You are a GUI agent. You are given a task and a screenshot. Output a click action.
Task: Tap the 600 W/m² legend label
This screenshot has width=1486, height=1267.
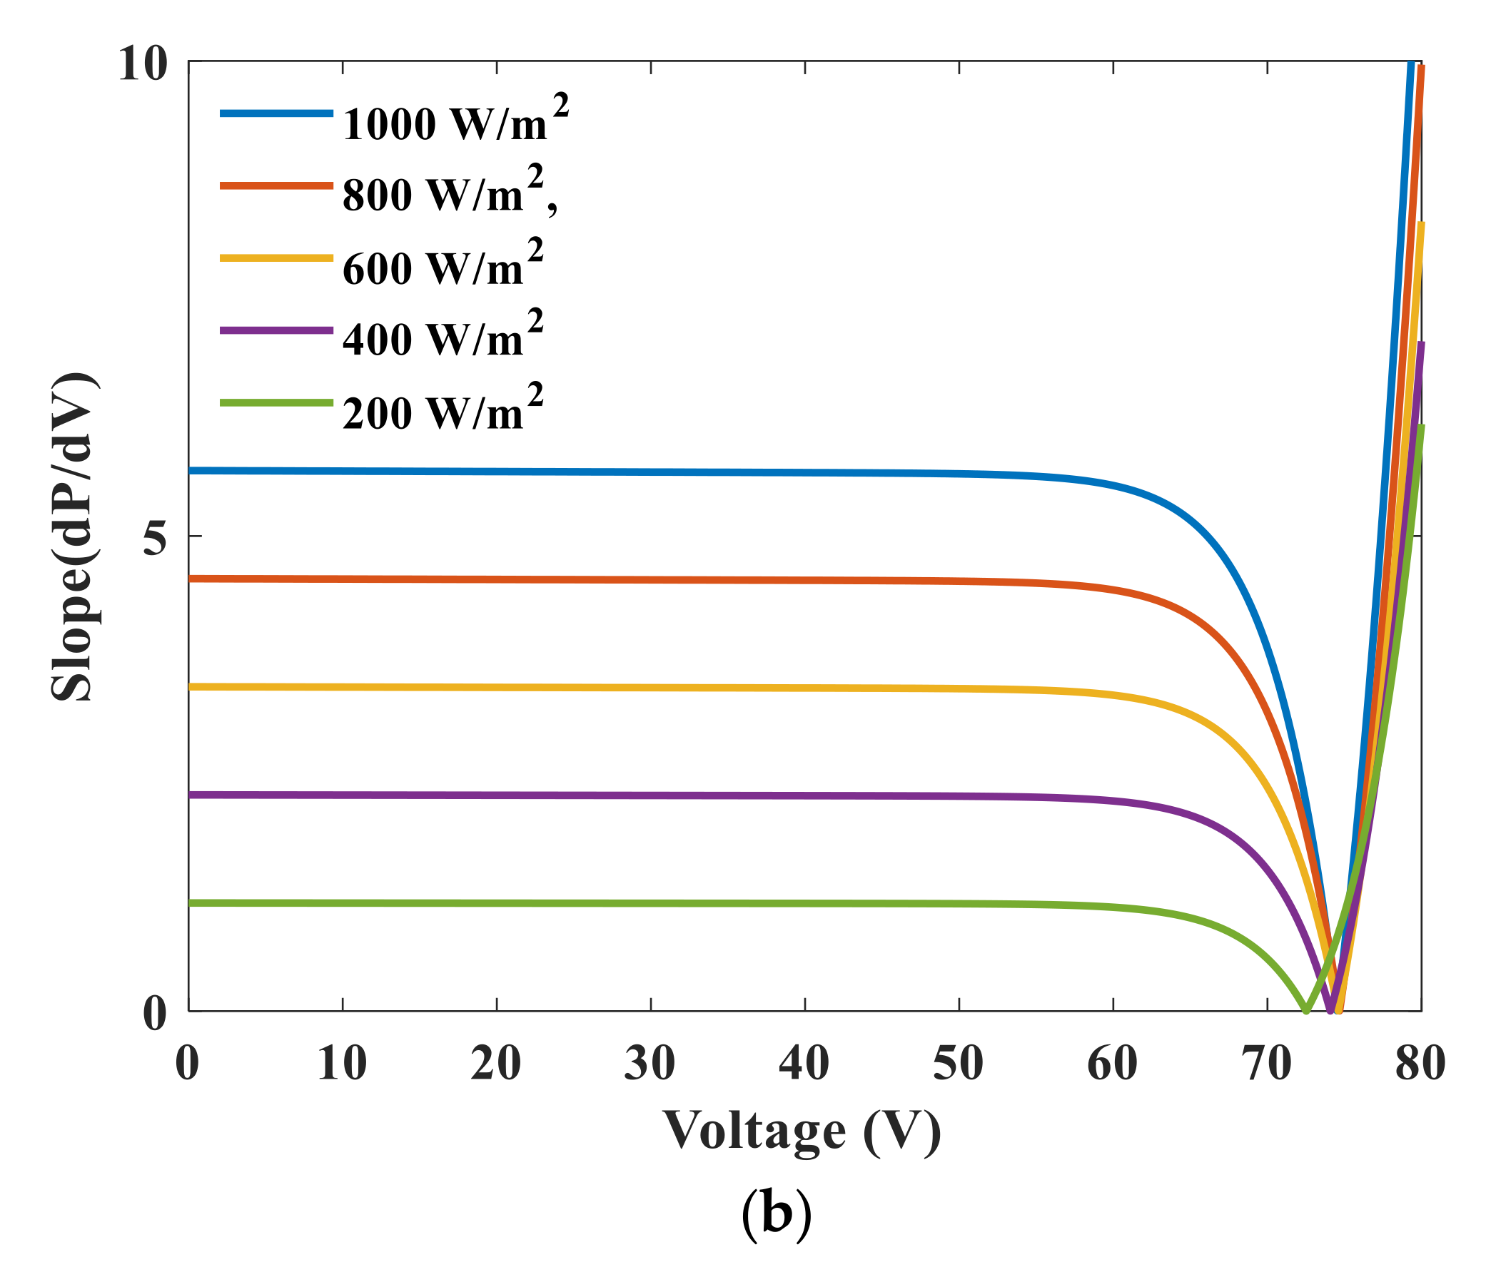coord(443,265)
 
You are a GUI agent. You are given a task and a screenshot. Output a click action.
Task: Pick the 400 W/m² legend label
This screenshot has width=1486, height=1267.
coord(443,336)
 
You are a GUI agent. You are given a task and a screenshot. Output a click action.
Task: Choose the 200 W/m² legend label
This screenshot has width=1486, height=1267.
coord(443,409)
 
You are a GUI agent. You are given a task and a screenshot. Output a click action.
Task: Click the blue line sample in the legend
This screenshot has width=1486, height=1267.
coord(277,113)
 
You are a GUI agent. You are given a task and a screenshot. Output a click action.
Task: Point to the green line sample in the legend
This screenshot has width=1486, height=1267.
coord(277,403)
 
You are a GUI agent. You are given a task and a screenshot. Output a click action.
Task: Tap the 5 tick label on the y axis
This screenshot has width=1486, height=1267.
coord(155,536)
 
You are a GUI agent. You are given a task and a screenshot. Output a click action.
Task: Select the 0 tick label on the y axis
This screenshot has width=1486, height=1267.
coord(155,1014)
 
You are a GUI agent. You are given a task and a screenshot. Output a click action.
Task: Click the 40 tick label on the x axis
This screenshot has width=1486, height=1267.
coord(804,1064)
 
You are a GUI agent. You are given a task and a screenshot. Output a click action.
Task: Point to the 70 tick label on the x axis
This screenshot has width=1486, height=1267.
coord(1268,1064)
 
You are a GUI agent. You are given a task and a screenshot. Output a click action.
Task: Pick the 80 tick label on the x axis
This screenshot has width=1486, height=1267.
coord(1420,1064)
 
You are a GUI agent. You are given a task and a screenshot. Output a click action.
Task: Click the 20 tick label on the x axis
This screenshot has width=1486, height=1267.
coord(496,1064)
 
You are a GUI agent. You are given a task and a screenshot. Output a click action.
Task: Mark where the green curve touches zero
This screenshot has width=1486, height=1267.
coord(1306,1010)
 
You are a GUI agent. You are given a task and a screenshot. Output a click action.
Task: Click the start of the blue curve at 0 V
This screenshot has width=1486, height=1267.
coord(190,470)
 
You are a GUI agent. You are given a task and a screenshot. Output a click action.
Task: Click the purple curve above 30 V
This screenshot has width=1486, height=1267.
coord(650,795)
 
